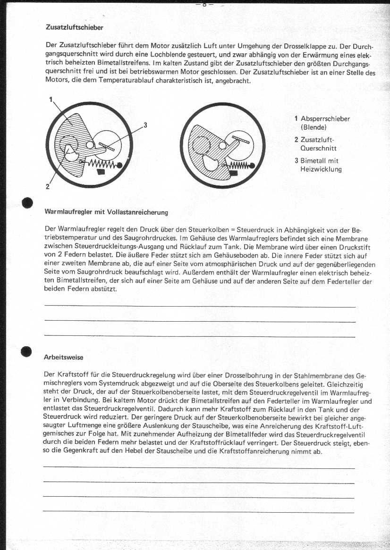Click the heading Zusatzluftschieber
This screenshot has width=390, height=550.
coord(74,27)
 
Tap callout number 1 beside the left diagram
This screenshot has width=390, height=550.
coord(50,100)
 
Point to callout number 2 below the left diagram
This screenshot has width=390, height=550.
coord(47,186)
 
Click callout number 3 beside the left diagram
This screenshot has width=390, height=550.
coord(145,125)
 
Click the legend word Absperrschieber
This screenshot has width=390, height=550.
coord(325,119)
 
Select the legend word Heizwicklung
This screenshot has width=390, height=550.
coord(321,169)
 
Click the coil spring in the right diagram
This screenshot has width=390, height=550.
coord(240,164)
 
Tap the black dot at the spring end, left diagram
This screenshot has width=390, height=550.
coord(120,166)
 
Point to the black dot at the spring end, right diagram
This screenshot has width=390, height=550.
coord(253,165)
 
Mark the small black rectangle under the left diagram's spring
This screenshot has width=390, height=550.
coord(101,172)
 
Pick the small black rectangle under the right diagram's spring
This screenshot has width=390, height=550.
coord(235,173)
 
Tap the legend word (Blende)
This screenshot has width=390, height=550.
coord(314,127)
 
